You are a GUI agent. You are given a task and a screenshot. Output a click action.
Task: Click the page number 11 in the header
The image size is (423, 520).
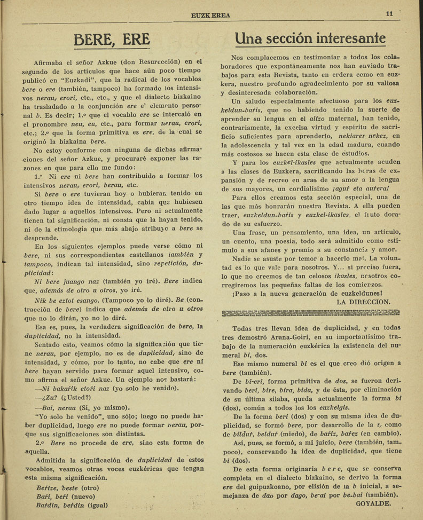pyautogui.click(x=389, y=14)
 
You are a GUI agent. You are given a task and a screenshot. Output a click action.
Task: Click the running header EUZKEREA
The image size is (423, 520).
pyautogui.click(x=210, y=15)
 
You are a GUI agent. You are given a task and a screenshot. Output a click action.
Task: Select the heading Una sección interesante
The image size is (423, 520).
pyautogui.click(x=310, y=38)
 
